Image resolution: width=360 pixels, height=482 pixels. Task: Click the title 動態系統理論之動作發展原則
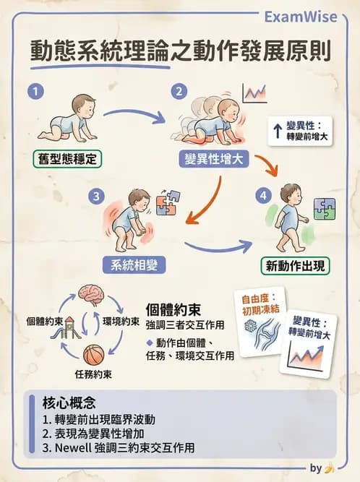click(180, 51)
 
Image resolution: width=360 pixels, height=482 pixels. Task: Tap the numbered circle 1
click(33, 92)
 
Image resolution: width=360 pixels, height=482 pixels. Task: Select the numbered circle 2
click(176, 92)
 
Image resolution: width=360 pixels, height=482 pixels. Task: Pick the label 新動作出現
click(295, 265)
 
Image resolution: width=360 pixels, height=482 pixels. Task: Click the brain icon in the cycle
click(92, 294)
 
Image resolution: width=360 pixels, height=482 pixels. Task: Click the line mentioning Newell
click(119, 447)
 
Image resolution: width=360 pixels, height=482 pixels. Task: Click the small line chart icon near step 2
click(254, 92)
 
